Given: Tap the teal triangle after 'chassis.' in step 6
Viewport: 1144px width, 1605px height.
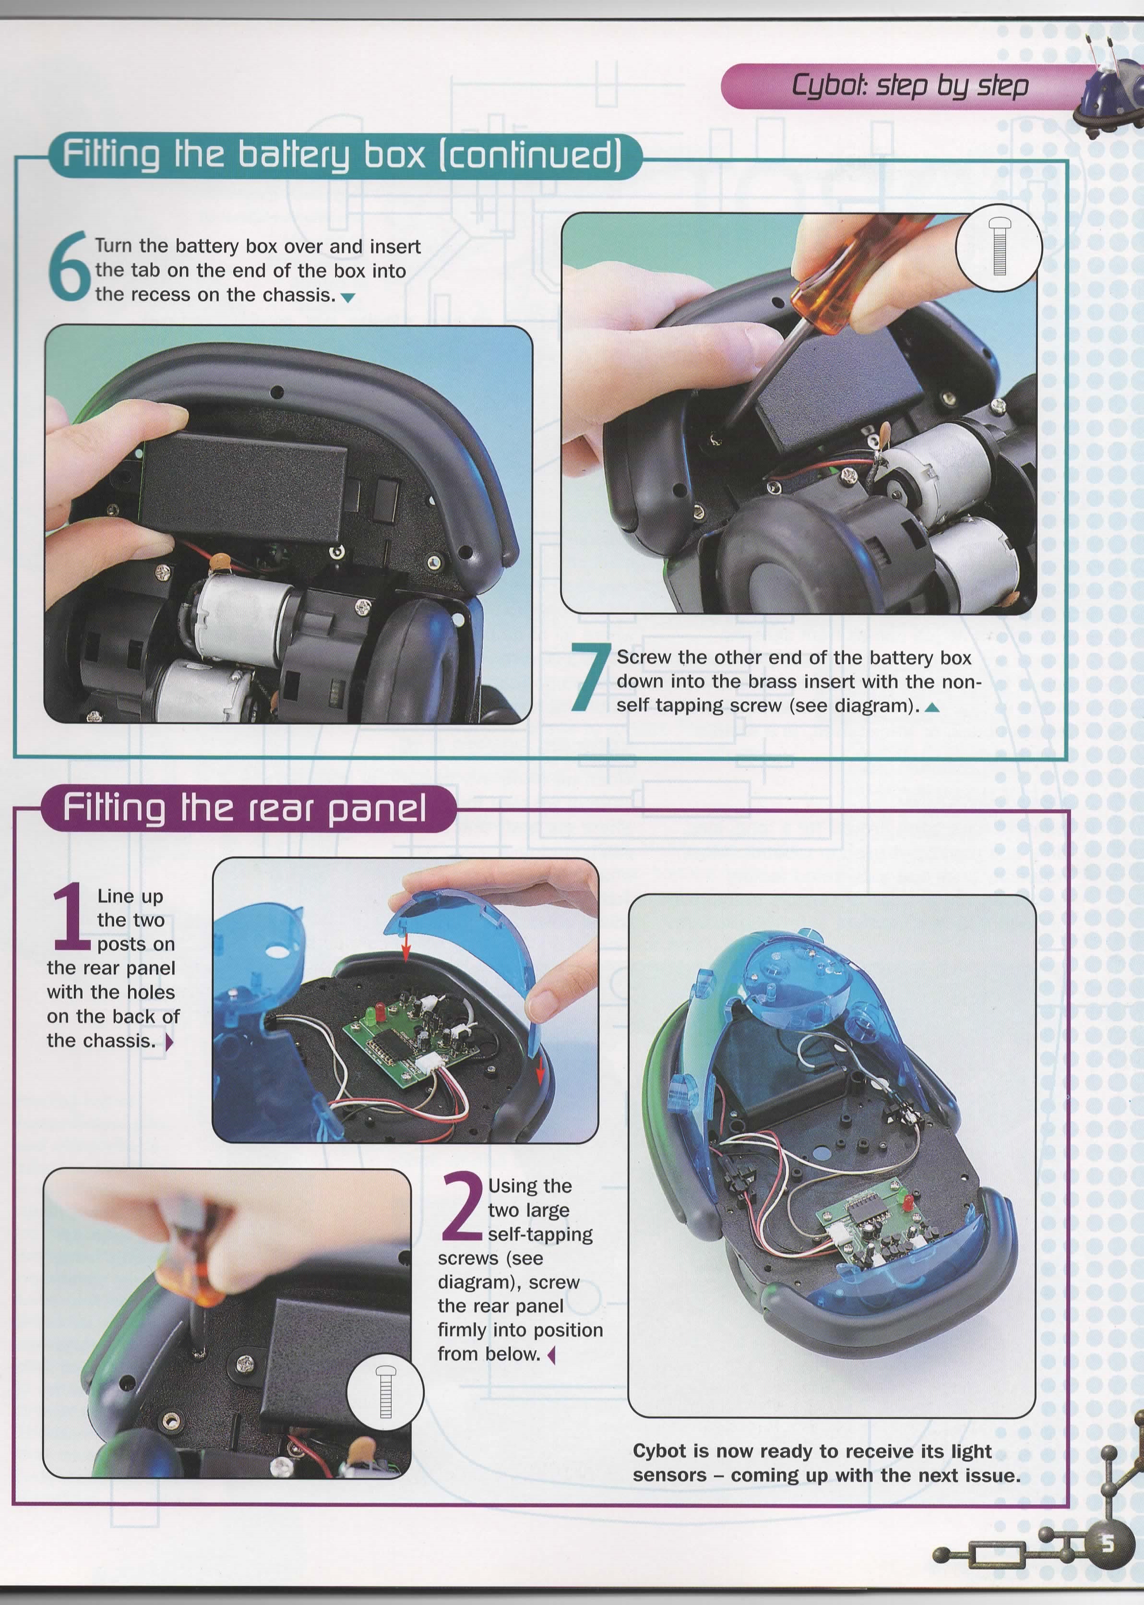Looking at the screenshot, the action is [346, 298].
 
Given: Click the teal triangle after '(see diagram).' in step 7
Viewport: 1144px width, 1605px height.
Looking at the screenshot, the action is [932, 707].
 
